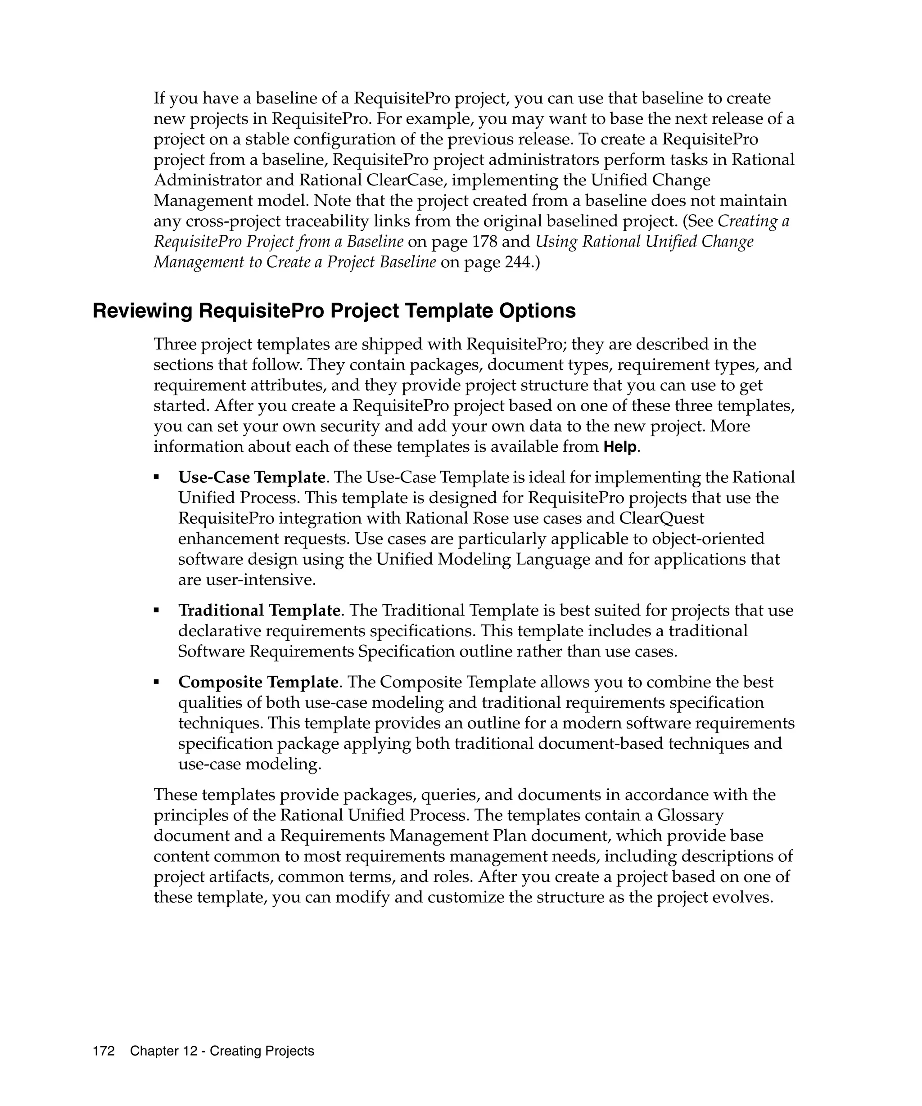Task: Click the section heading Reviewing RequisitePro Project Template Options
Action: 334,311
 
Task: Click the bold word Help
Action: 620,448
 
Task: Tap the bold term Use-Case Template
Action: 252,477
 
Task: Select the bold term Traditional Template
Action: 259,611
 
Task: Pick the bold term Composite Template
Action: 258,682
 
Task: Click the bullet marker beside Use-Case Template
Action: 157,477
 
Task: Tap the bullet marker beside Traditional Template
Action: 157,611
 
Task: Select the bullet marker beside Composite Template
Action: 157,682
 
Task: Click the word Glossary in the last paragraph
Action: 690,815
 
